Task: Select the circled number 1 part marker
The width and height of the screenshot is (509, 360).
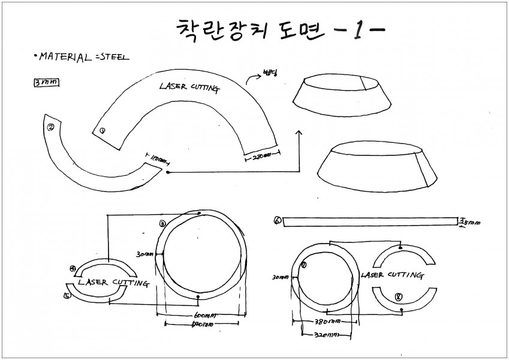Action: click(x=103, y=130)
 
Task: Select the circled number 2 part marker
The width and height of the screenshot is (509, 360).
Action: click(x=51, y=127)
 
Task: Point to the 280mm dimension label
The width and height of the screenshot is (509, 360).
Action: click(x=258, y=158)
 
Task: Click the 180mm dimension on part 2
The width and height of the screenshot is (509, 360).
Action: click(x=158, y=160)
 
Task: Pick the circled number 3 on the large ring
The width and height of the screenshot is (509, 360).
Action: click(x=162, y=223)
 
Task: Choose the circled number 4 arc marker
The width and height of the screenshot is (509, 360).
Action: click(x=73, y=269)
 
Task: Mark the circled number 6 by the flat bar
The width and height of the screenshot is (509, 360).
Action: click(x=277, y=220)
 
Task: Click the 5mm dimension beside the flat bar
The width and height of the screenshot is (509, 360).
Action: click(x=469, y=221)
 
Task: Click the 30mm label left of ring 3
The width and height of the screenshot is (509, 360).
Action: click(x=144, y=254)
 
